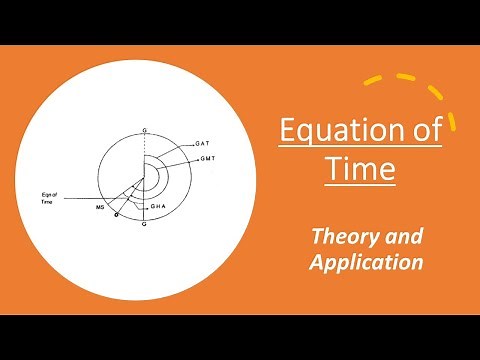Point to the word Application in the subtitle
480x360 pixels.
[366, 263]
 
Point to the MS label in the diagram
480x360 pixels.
[101, 207]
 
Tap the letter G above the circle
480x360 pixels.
[146, 131]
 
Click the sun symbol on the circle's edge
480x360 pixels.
[117, 213]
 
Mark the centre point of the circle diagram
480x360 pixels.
[146, 177]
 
